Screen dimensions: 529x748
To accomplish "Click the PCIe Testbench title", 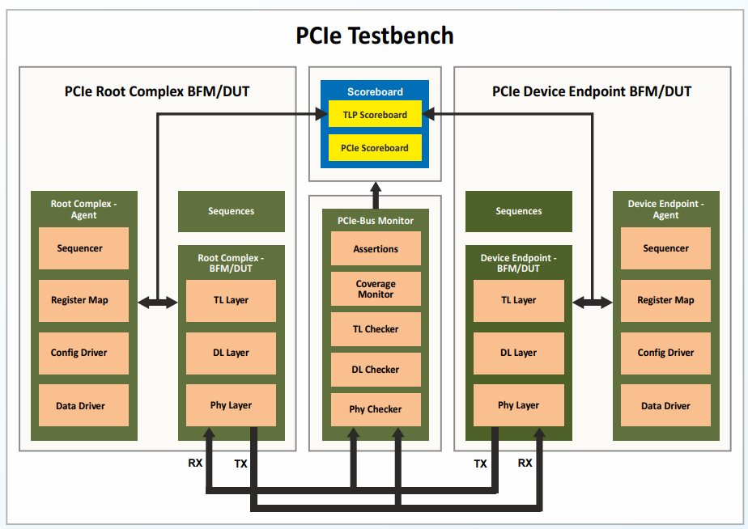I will [373, 36].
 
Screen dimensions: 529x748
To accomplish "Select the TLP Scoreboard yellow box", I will [375, 115].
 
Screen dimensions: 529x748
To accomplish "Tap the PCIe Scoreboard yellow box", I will [375, 148].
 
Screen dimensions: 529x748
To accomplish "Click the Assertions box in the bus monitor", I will [376, 249].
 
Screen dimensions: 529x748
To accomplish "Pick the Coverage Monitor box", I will [376, 289].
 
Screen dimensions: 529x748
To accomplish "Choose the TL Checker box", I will [376, 329].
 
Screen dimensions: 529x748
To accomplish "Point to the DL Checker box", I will [376, 369].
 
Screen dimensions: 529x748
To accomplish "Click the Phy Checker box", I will [376, 408].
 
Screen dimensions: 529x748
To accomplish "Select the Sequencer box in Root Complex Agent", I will [80, 248].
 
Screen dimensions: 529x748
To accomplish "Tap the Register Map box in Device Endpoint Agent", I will [665, 300].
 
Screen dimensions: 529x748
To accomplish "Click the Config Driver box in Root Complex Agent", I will [80, 353].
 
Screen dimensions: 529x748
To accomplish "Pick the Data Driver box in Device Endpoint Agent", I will [665, 405].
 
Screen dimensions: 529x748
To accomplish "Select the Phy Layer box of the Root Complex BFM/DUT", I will [231, 405].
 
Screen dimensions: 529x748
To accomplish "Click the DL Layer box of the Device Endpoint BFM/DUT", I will [518, 353].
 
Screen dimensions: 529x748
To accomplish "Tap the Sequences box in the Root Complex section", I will [231, 211].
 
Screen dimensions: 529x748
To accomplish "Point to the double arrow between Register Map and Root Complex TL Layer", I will [157, 302].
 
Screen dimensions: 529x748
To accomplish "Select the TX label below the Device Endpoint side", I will [481, 463].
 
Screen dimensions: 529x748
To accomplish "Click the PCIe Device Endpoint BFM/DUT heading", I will [592, 91].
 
